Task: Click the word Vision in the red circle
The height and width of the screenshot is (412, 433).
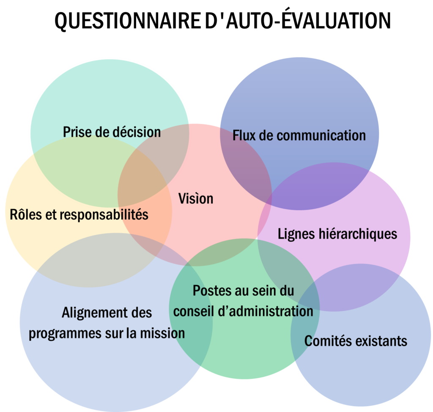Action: click(195, 199)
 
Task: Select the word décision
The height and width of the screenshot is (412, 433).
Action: click(136, 132)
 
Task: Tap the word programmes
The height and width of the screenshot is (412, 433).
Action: click(65, 333)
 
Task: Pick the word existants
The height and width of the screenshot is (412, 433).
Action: click(381, 341)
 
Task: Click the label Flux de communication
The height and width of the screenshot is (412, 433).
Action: click(299, 135)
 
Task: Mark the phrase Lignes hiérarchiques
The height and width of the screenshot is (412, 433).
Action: click(337, 234)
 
